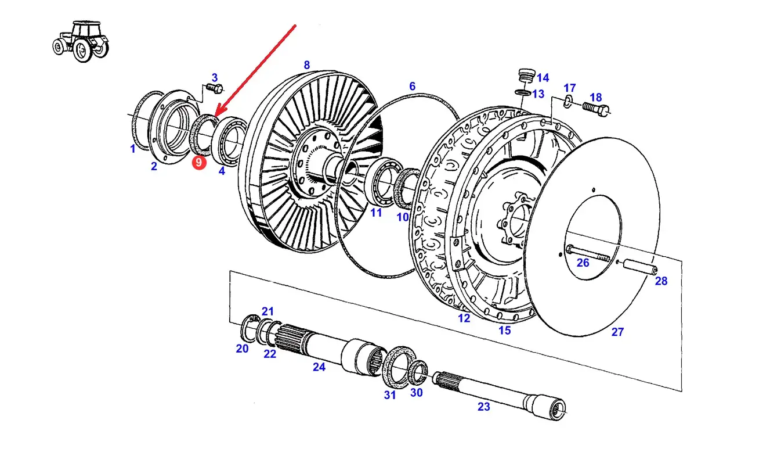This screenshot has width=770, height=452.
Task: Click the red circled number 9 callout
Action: pos(199,163)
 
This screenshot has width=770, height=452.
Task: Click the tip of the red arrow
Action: pos(216,114)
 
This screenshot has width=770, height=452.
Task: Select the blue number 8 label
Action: pos(306,65)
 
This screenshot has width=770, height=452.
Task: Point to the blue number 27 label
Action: pos(617,332)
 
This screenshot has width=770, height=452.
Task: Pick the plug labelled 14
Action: pos(525,77)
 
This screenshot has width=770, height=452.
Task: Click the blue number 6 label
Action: pos(412,87)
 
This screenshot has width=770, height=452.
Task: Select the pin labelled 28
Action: pos(638,267)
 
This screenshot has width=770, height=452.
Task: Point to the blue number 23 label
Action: pos(484,407)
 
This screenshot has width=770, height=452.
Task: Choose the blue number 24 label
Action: pos(319,367)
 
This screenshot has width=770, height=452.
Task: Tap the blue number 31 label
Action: pos(389,395)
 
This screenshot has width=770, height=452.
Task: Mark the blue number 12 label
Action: pos(464,318)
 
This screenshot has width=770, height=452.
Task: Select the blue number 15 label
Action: pos(505,330)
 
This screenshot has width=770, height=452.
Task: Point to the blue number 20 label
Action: pos(242,349)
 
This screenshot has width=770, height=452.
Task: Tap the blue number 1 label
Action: pos(132,149)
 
